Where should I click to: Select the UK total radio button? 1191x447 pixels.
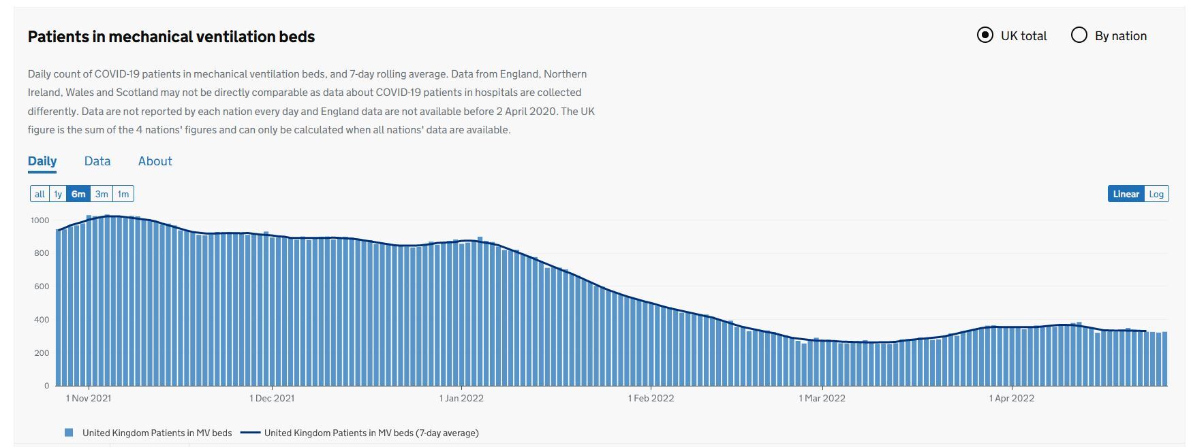click(985, 35)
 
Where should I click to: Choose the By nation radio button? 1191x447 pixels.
click(1079, 35)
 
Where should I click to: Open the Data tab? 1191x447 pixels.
click(97, 161)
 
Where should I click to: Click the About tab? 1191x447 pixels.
click(155, 161)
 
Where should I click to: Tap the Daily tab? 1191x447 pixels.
click(42, 161)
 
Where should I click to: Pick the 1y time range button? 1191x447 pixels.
click(58, 194)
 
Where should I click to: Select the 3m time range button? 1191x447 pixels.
click(102, 194)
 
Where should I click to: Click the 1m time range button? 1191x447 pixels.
click(123, 194)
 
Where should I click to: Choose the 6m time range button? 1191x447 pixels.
click(78, 194)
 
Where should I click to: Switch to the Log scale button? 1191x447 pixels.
click(1156, 194)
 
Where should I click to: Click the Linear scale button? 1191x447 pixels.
click(1126, 194)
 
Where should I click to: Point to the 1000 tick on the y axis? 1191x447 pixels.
click(40, 220)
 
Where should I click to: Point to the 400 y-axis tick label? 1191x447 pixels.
click(42, 320)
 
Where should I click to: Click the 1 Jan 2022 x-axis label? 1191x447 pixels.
click(461, 398)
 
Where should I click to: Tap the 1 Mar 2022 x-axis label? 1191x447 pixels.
click(822, 398)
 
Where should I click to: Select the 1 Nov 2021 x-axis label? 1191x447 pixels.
click(89, 398)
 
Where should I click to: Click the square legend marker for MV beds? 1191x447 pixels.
click(69, 433)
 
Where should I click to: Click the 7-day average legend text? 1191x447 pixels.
click(371, 433)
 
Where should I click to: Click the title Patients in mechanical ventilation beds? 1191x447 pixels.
click(171, 37)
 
